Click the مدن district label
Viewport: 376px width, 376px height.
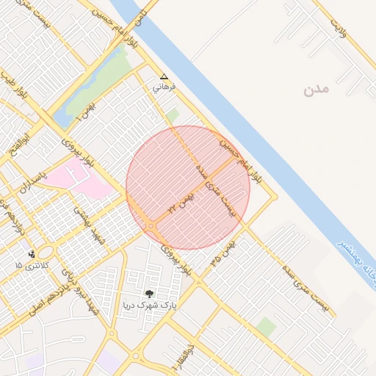click(x=313, y=90)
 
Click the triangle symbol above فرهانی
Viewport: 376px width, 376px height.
click(x=163, y=76)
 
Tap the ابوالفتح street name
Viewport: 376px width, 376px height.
click(x=18, y=146)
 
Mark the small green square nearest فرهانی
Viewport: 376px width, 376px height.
click(x=173, y=115)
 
